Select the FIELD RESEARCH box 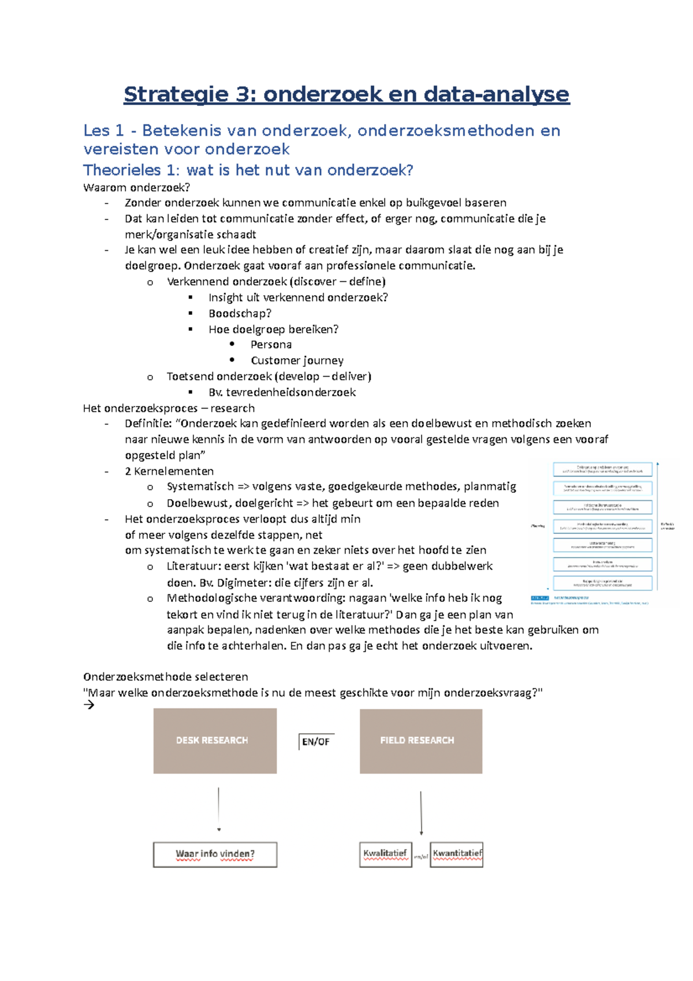click(420, 741)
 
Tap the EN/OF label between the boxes click(316, 742)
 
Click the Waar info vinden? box click(215, 854)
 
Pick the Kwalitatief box click(385, 854)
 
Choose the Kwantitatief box click(457, 854)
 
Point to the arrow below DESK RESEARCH click(219, 809)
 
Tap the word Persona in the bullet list click(271, 345)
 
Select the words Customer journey click(297, 361)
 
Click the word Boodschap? click(240, 313)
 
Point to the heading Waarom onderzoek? click(136, 187)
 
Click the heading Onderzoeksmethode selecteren click(165, 677)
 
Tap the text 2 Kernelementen click(169, 471)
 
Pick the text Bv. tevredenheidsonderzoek click(282, 392)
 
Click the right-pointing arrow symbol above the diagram click(89, 705)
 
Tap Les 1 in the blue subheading click(103, 131)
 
